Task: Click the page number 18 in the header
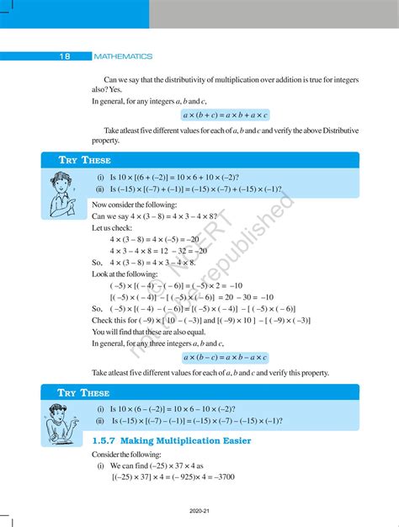[65, 56]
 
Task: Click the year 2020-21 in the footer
[199, 510]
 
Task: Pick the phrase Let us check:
[113, 227]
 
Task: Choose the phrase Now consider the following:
[135, 205]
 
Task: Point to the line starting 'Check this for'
[200, 320]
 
